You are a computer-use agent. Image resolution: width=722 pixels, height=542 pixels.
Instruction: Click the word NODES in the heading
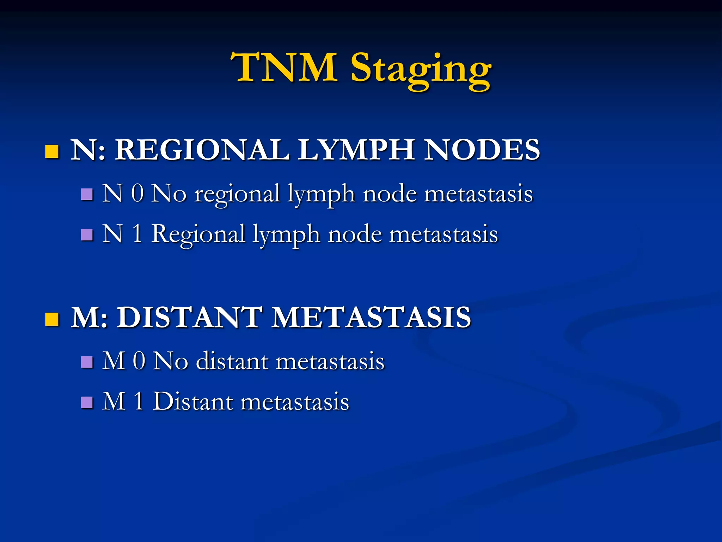(x=482, y=150)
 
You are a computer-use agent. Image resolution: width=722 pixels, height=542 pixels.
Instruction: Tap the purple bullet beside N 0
(x=87, y=194)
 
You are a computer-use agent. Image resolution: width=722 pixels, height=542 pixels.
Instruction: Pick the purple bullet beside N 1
(x=87, y=234)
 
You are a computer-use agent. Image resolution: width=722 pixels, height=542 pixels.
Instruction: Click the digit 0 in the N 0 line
(x=137, y=194)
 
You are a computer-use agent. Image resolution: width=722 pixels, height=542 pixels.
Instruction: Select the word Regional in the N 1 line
(x=198, y=234)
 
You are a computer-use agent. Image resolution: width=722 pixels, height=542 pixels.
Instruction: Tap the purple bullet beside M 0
(x=87, y=362)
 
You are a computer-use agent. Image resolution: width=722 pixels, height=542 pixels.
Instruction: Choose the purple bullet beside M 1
(x=87, y=402)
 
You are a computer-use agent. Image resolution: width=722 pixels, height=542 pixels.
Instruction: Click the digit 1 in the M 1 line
(x=139, y=402)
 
